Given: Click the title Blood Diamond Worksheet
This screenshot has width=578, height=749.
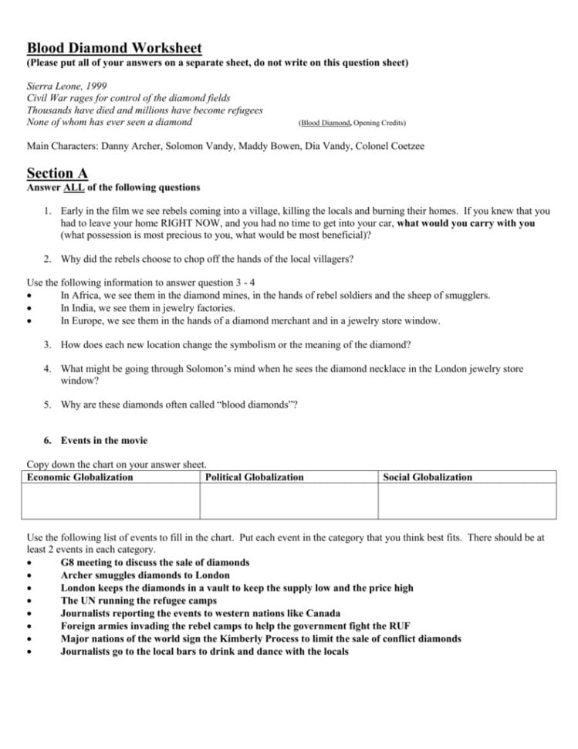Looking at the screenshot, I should (114, 48).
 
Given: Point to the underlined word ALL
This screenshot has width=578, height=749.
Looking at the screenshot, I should (73, 188).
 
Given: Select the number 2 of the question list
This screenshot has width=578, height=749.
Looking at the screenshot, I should (47, 259).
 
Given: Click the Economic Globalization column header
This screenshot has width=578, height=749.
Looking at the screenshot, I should (80, 477).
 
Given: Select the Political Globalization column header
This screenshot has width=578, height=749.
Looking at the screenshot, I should (255, 477).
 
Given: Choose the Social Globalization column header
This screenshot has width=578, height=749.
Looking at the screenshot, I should (428, 477).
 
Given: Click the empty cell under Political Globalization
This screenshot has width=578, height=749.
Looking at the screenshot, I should (289, 500).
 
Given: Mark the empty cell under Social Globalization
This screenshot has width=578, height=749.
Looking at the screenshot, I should (466, 500).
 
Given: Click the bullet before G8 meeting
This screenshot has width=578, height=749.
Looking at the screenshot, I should (29, 563).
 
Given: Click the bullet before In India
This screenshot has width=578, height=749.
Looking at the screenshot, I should (29, 307).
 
